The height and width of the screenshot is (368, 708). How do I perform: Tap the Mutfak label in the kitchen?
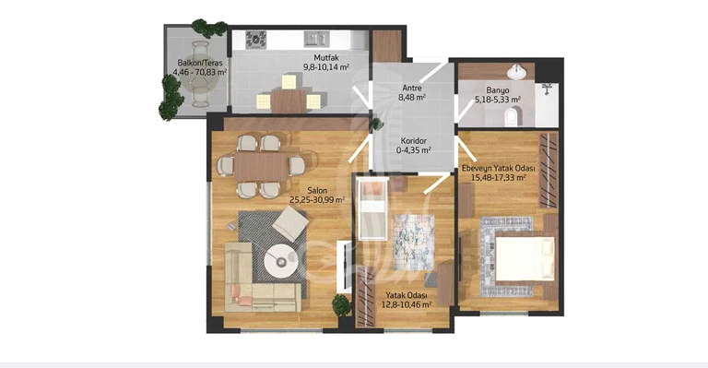pos(326,58)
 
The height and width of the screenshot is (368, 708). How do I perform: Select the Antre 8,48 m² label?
pos(412,92)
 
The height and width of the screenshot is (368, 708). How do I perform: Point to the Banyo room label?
pos(498,89)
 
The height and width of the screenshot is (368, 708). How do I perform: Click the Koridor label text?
pos(414,141)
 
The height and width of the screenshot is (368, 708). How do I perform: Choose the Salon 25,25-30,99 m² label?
pos(317,195)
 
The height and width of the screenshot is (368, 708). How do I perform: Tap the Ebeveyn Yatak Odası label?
pos(498,169)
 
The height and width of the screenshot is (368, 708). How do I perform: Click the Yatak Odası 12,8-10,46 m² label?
pos(407,300)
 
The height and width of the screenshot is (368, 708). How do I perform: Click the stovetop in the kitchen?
pos(256,40)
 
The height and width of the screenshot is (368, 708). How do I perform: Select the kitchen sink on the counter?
pos(316,39)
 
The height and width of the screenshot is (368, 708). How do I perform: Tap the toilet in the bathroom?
pos(512,116)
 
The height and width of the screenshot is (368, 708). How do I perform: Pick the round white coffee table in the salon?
pos(281,261)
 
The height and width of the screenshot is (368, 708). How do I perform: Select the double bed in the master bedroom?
pos(523,259)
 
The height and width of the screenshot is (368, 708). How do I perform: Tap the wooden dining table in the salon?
pos(262,166)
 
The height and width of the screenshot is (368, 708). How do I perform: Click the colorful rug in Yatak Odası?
pos(414,242)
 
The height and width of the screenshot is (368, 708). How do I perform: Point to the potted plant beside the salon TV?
pos(341,305)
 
